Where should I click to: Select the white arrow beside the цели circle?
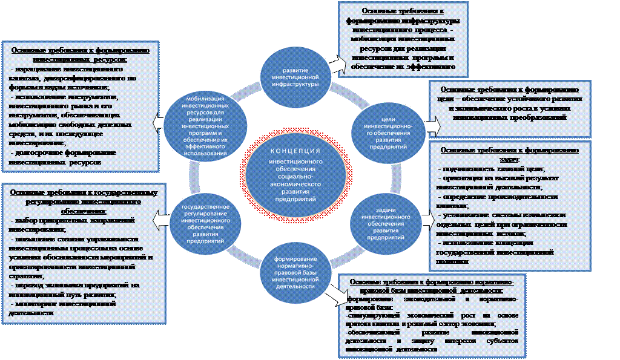[432, 126]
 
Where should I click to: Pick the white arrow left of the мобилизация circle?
[157, 122]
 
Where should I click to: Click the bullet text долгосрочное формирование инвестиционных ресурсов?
[58, 159]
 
